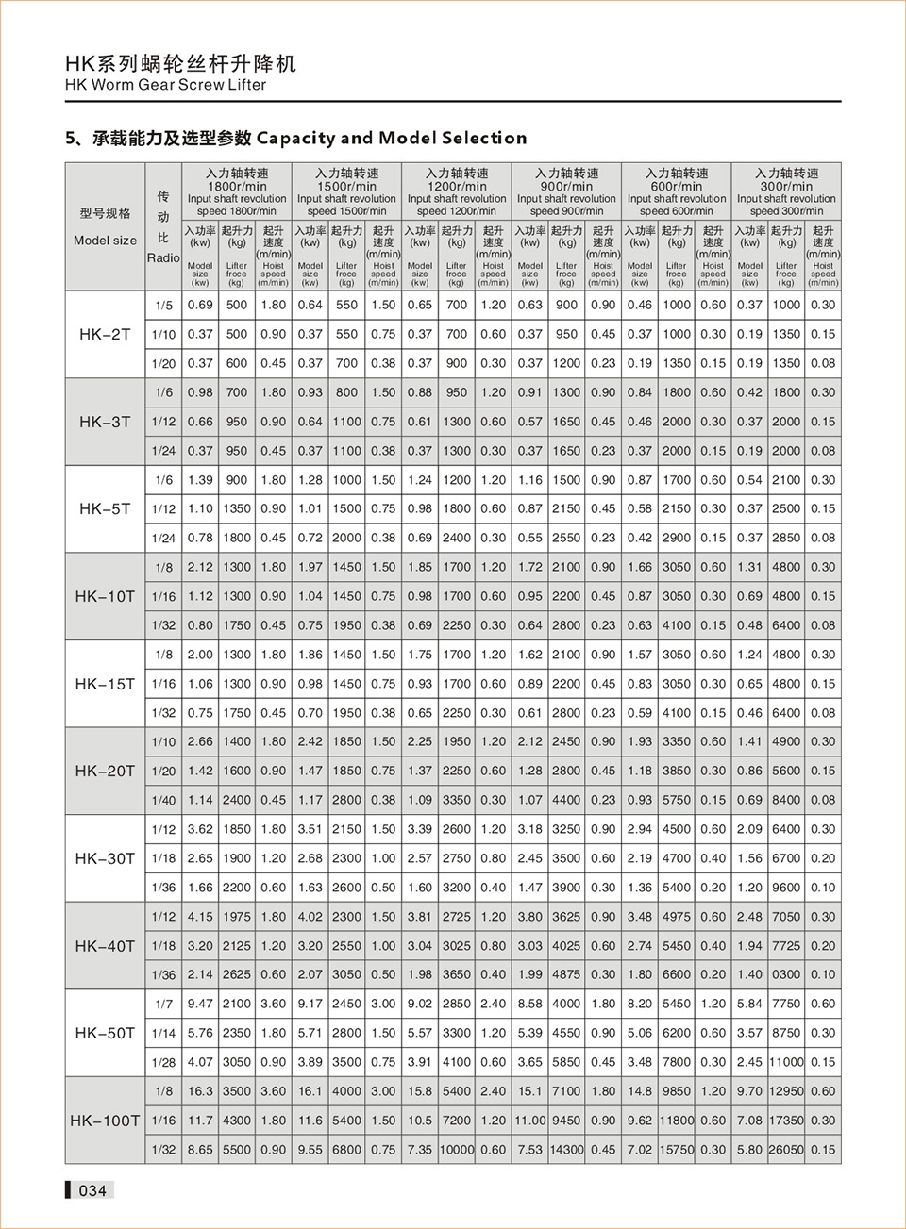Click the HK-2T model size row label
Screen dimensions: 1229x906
click(105, 334)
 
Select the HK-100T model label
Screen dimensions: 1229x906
click(105, 1121)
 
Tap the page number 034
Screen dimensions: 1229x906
click(92, 1190)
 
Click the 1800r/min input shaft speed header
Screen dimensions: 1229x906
click(237, 191)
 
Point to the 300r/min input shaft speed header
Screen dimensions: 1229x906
click(786, 191)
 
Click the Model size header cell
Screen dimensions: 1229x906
click(105, 226)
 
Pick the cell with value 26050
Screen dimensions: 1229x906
click(786, 1150)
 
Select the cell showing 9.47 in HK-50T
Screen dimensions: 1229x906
click(200, 1004)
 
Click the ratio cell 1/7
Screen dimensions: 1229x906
click(163, 1004)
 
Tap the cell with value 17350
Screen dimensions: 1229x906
click(786, 1121)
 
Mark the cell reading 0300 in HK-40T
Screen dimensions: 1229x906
click(786, 974)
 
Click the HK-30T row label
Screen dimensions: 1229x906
click(105, 858)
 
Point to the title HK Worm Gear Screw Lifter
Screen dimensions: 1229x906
click(165, 85)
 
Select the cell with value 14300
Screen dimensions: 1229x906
click(566, 1150)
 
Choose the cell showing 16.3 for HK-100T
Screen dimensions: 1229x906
click(200, 1091)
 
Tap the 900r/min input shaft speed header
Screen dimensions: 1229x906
click(566, 191)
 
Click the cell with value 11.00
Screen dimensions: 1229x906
click(530, 1121)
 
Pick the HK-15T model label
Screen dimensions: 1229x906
click(105, 684)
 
